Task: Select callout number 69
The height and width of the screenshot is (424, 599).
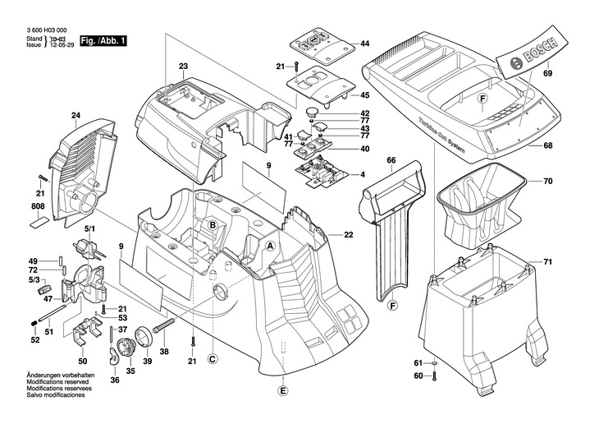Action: (547, 75)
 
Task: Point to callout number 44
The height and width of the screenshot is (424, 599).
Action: (365, 43)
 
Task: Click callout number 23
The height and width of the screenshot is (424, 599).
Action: (183, 65)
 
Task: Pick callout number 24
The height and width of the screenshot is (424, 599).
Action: (75, 115)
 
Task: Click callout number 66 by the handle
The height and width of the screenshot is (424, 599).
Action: (391, 160)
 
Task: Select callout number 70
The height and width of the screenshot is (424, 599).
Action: (547, 181)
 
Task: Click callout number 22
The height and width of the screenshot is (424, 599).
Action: (348, 235)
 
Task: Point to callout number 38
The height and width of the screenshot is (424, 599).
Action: (164, 351)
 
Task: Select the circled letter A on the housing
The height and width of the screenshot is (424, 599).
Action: (270, 246)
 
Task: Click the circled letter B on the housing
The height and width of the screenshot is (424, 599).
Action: (211, 225)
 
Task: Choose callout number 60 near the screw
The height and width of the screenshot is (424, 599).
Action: (417, 376)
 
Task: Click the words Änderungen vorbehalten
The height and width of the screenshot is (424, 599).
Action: (50, 376)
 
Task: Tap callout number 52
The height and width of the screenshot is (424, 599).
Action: (34, 339)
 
